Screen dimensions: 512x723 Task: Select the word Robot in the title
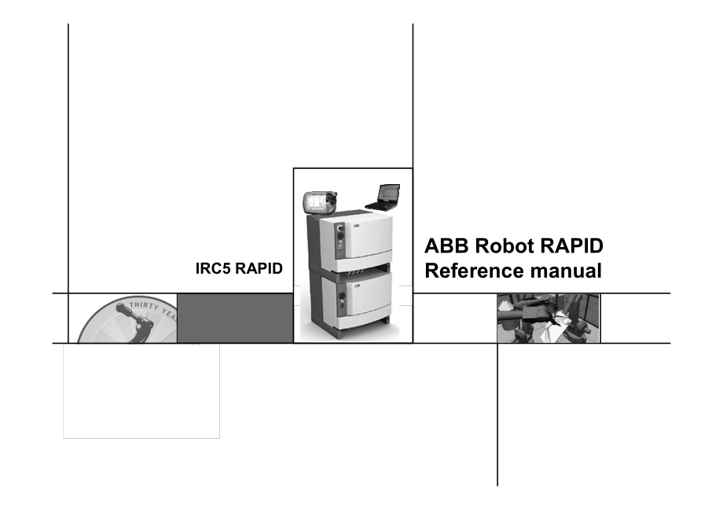502,245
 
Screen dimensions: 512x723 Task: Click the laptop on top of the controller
385,195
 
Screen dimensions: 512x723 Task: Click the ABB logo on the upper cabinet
355,226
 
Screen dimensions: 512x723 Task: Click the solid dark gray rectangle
234,318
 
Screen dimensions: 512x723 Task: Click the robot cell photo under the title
548,318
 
